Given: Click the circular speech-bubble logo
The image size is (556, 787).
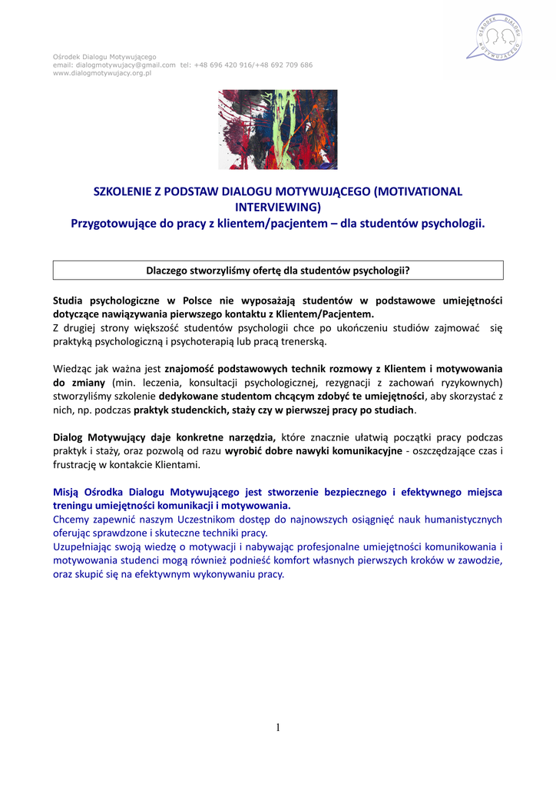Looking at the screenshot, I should click(496, 37).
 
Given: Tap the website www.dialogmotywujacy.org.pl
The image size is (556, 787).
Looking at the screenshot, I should click(101, 73).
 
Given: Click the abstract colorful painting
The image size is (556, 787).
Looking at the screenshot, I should click(277, 129).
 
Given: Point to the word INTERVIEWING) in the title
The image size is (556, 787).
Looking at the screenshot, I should click(277, 207).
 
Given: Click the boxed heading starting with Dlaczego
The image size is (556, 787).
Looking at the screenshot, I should click(277, 270).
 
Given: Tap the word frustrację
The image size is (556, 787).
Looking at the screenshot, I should click(78, 464).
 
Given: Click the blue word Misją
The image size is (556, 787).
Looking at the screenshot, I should click(68, 491).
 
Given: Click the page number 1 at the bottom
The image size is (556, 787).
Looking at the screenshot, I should click(278, 728).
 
